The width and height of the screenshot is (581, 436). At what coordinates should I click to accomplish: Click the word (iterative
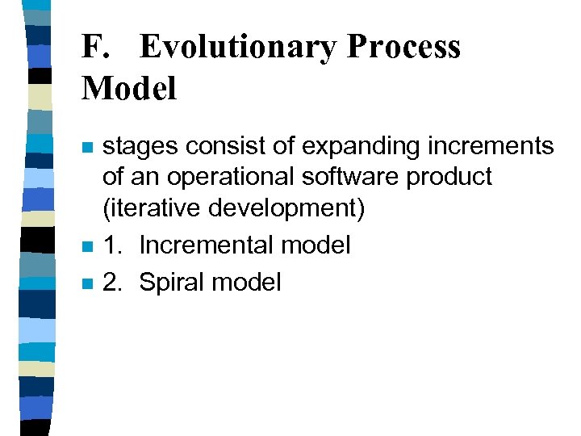[151, 209]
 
